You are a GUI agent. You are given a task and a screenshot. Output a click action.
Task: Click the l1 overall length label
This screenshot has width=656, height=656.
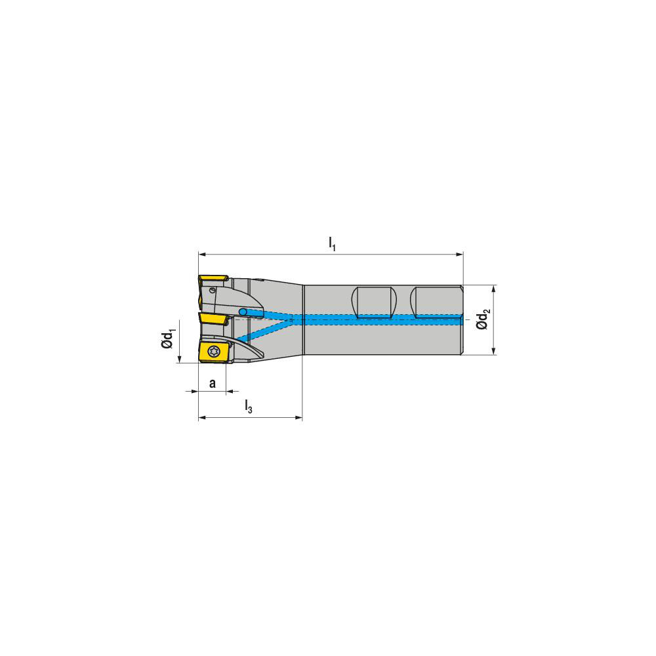pos(332,243)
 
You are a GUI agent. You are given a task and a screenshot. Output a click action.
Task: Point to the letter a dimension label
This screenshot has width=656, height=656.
pos(212,383)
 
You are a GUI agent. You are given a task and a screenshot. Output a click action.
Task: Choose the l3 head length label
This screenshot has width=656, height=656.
pos(248,407)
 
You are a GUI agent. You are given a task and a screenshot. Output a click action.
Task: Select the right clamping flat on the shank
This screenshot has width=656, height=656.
pos(436,302)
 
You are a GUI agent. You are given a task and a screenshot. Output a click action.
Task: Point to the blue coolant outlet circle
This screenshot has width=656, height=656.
pos(243,311)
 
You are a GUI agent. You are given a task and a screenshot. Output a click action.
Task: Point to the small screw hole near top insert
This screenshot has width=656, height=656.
pos(213,289)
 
